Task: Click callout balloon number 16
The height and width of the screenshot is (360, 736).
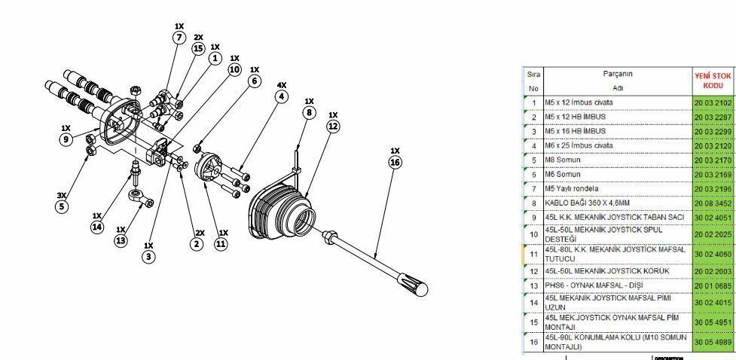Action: click(395, 162)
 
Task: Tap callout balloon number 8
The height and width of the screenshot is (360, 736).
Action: click(309, 114)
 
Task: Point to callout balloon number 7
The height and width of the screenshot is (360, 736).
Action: click(179, 38)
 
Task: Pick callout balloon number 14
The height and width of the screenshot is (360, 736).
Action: click(96, 227)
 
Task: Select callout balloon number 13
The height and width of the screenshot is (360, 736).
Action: click(121, 241)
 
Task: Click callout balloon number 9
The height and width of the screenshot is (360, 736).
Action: click(66, 139)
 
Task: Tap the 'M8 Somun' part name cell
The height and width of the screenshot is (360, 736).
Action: click(616, 160)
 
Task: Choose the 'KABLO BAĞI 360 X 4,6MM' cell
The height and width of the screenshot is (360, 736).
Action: click(616, 203)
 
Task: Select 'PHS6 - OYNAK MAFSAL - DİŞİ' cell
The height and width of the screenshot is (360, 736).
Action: click(616, 285)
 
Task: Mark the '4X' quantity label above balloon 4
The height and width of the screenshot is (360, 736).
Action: click(282, 85)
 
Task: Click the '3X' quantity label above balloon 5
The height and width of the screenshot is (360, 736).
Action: click(62, 195)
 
